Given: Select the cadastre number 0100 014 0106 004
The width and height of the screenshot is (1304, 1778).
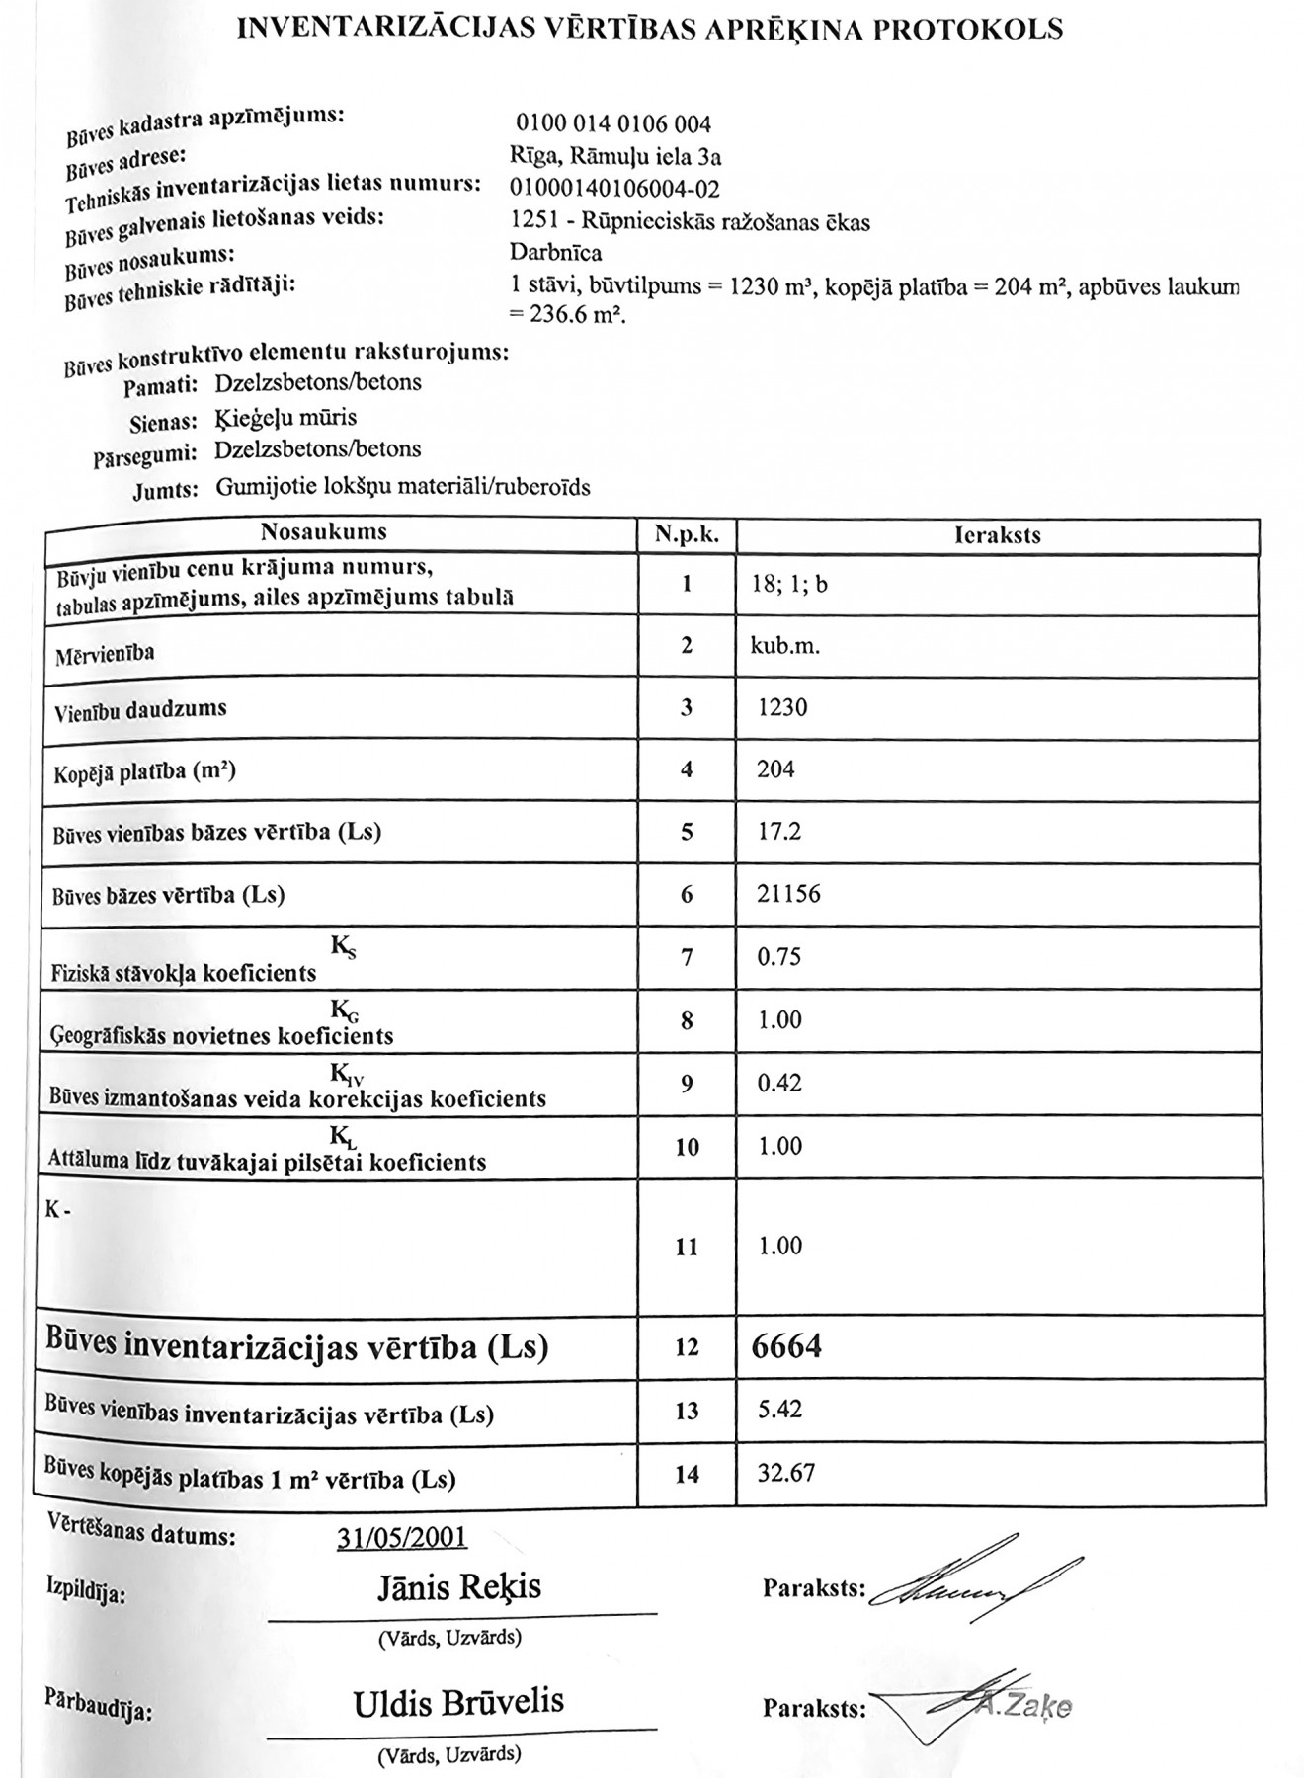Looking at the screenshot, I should [612, 124].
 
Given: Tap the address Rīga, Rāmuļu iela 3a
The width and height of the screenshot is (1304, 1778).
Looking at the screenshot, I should [615, 156].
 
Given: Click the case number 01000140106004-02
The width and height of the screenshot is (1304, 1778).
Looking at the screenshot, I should [614, 189].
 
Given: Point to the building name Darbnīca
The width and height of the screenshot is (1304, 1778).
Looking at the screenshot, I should [555, 253].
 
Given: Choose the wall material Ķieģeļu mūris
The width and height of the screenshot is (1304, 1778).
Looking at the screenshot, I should [285, 417].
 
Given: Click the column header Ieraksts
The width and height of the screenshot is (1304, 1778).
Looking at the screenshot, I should [998, 536].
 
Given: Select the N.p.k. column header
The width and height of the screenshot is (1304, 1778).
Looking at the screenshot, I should [687, 536].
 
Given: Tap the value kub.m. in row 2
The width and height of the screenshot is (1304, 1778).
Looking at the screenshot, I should [785, 646].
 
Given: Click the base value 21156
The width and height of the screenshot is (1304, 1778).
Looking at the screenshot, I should [788, 894].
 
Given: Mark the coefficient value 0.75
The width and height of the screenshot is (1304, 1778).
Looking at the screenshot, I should [778, 956].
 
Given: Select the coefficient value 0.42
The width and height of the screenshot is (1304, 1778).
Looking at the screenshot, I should [778, 1083].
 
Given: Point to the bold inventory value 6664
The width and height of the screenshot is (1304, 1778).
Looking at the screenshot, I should [786, 1345].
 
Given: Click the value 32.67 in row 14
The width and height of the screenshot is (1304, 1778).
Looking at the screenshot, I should [785, 1473].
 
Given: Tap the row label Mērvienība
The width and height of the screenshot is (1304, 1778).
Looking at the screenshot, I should [105, 653].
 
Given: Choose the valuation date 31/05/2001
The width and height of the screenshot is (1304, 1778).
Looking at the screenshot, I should [402, 1538].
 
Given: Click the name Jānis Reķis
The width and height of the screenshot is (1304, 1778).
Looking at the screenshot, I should [459, 1587].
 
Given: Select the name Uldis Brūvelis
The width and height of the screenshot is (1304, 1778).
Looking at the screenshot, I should [458, 1702].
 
